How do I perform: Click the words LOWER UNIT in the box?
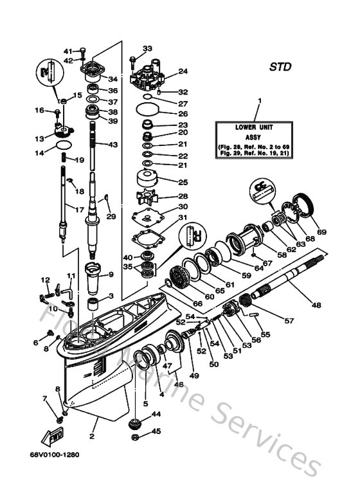click(x=259, y=128)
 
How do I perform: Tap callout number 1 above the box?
click(x=259, y=101)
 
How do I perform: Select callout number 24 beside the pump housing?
click(x=183, y=71)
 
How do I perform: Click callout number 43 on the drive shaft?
click(x=113, y=145)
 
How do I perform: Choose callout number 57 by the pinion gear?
click(x=289, y=320)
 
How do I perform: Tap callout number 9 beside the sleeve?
click(x=111, y=275)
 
